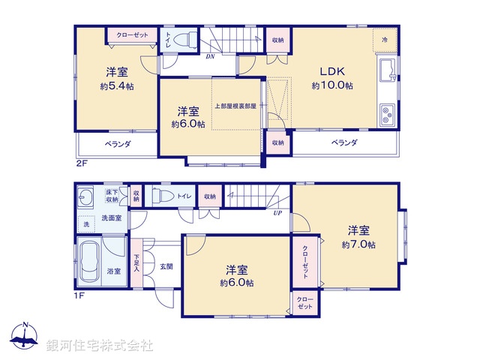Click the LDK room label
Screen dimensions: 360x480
pos(332,72)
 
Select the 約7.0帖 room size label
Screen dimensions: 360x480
pos(358,244)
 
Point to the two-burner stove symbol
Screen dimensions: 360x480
pos(387,115)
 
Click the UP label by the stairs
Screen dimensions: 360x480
pos(277,212)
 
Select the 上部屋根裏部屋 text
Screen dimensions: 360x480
pos(235,106)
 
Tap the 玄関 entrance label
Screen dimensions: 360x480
pos(166,267)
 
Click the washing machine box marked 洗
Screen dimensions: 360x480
pos(85,223)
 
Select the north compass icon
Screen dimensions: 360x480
pos(25,337)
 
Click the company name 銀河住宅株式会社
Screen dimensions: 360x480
pos(100,345)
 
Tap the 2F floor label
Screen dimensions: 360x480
pos(81,161)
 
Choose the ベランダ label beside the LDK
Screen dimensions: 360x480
pos(344,142)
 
